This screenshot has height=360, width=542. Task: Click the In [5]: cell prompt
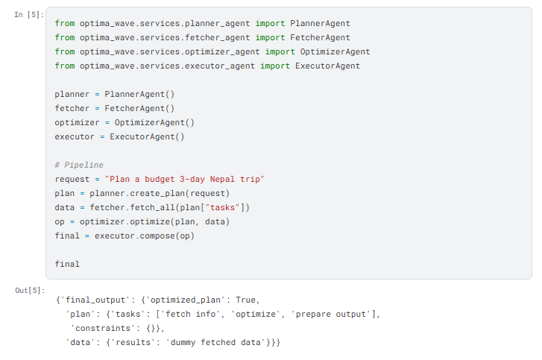click(x=29, y=15)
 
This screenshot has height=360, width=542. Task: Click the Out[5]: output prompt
click(x=30, y=290)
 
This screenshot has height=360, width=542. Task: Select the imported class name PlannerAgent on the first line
click(x=320, y=24)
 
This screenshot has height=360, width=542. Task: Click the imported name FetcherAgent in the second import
click(x=320, y=38)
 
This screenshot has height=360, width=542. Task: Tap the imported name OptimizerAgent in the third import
click(x=335, y=52)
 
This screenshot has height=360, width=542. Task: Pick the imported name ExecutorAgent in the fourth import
click(x=327, y=66)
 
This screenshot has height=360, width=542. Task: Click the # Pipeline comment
click(x=79, y=165)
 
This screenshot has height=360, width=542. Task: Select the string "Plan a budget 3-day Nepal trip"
click(x=185, y=180)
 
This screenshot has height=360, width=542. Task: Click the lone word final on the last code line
click(x=67, y=265)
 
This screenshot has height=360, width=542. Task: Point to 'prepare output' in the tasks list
click(x=331, y=314)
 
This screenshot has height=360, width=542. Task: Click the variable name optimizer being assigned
click(x=77, y=123)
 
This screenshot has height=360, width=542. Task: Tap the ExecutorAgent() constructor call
click(x=147, y=137)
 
